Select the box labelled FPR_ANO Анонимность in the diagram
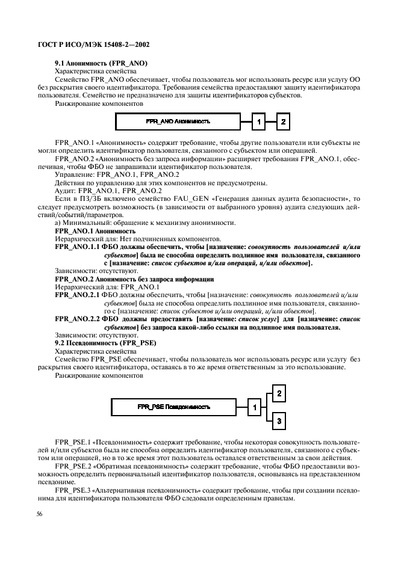point(178,122)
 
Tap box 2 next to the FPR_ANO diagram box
point(282,123)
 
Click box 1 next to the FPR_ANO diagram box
point(258,123)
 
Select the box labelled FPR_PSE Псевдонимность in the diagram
point(174,407)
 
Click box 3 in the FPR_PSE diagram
point(279,421)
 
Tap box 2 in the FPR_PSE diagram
point(279,394)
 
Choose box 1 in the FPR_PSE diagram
point(255,408)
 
